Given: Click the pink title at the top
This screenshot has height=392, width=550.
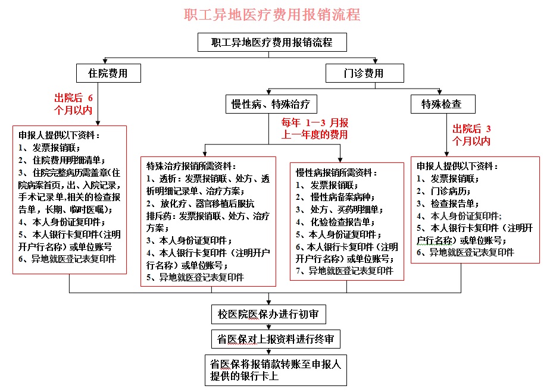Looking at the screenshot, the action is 272,15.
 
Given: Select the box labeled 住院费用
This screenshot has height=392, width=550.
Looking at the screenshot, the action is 108,73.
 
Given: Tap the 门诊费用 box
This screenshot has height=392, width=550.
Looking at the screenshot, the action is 364,73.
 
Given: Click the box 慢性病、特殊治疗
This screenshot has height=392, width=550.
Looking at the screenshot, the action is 271,104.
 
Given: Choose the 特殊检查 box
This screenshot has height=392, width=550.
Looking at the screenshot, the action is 443,104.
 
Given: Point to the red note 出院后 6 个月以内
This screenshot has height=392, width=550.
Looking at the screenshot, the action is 73,104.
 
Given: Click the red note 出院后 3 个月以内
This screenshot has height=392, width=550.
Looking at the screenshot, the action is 471,134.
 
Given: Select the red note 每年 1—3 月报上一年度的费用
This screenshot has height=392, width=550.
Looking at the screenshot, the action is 315,128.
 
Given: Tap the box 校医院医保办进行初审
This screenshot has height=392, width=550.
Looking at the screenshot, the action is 268,314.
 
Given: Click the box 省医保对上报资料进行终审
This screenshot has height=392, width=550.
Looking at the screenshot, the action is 276,338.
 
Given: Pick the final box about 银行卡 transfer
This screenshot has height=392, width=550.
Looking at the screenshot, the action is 276,370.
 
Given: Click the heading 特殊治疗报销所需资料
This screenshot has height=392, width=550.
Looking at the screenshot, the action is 191,166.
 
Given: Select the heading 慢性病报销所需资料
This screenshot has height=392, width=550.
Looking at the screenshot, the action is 336,172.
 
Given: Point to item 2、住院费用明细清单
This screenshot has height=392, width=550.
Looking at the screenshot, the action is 62,160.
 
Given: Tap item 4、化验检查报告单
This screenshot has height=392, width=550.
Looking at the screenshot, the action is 335,222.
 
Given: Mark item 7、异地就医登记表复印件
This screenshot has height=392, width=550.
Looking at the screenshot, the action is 345,271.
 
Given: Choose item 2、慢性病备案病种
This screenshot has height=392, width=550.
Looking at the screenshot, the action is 335,197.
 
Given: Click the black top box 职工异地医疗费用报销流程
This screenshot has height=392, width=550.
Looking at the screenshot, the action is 272,42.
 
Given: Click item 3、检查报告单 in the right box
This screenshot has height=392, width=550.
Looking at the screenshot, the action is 448,203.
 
